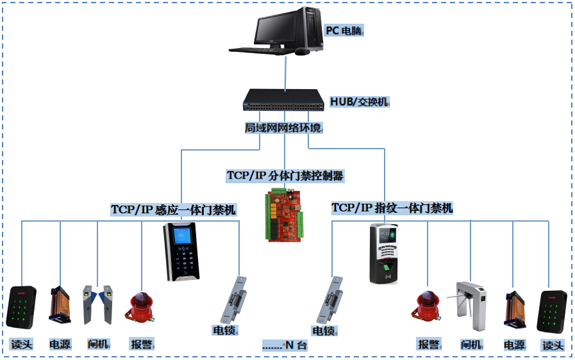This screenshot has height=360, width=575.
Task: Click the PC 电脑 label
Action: point(344,30)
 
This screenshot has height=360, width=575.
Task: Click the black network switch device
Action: point(282,100)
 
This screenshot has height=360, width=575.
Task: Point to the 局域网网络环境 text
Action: point(283,128)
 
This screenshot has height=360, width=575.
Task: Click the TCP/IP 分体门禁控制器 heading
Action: point(286,175)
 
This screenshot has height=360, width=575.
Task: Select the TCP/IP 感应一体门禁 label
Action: point(174,209)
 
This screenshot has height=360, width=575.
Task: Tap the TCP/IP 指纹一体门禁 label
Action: point(392,208)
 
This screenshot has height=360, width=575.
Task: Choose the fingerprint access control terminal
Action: point(384,254)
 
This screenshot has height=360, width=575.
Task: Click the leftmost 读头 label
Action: point(21,345)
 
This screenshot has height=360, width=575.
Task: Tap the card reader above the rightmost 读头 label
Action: point(551,311)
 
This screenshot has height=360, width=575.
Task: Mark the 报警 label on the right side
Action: point(428,345)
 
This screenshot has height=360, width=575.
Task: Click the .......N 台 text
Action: point(285,345)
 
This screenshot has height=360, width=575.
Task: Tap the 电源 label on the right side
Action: point(514,345)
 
